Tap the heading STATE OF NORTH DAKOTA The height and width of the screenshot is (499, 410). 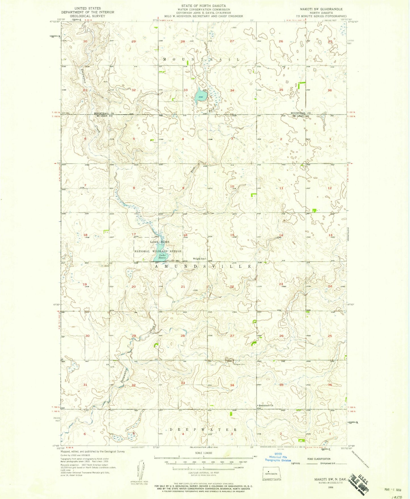coord(204,6)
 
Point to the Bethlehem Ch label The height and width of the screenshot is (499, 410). coord(266,405)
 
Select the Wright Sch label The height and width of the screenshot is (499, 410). coord(199,258)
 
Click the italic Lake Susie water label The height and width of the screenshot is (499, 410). coord(162,256)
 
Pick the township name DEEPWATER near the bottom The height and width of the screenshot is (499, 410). coord(203,430)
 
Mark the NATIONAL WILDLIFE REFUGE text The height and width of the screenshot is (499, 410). coord(158,251)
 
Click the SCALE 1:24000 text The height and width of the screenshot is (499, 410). coord(203,461)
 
